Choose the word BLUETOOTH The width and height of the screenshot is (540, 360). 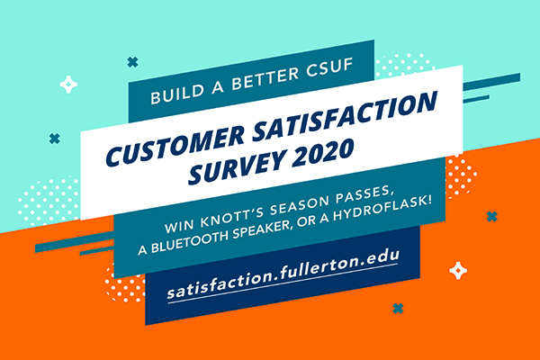pyautogui.click(x=190, y=241)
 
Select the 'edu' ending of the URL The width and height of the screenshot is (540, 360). pyautogui.click(x=382, y=256)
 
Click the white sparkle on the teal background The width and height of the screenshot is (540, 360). pyautogui.click(x=68, y=84)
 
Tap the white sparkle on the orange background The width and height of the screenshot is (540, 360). pyautogui.click(x=458, y=271)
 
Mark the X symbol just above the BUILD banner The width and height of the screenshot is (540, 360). pyautogui.click(x=132, y=62)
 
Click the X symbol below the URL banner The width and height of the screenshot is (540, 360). pyautogui.click(x=398, y=309)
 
